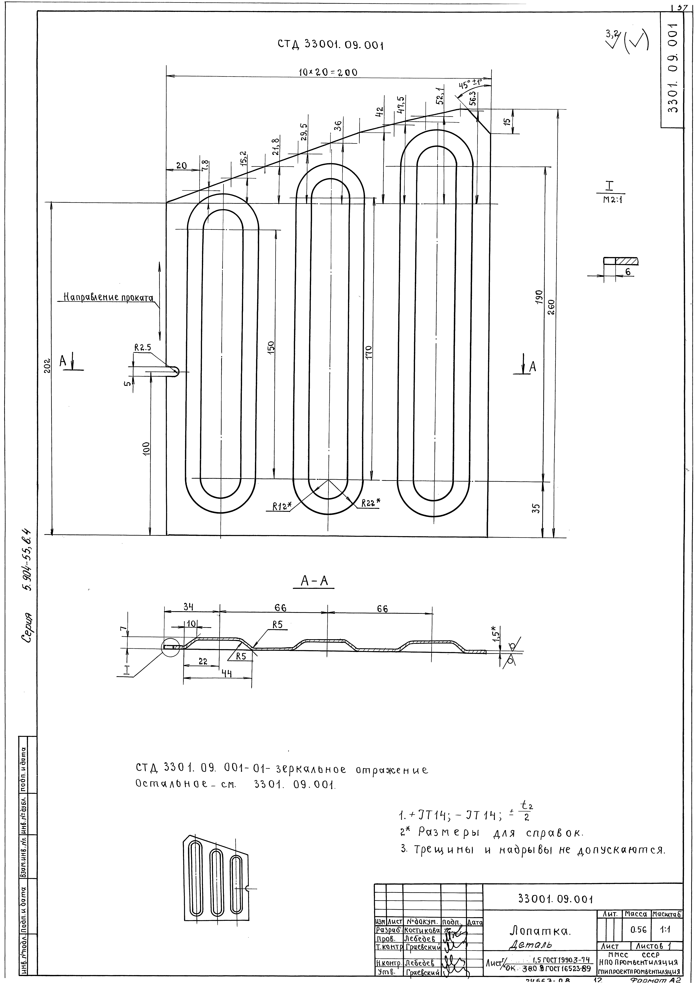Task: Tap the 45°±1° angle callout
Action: (471, 84)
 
